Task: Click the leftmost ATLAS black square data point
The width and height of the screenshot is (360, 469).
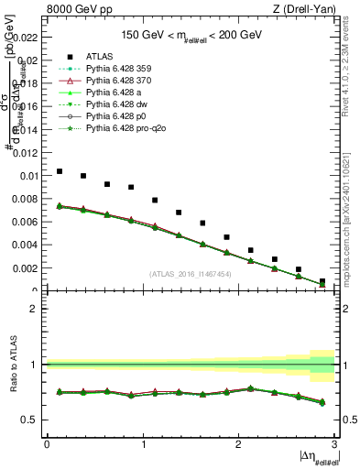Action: tap(60, 171)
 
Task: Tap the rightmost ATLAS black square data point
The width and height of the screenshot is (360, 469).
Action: tap(322, 281)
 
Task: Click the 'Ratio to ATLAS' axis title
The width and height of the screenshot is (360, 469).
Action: tap(11, 365)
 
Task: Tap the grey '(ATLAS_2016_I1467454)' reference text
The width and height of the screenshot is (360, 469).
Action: tap(190, 274)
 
